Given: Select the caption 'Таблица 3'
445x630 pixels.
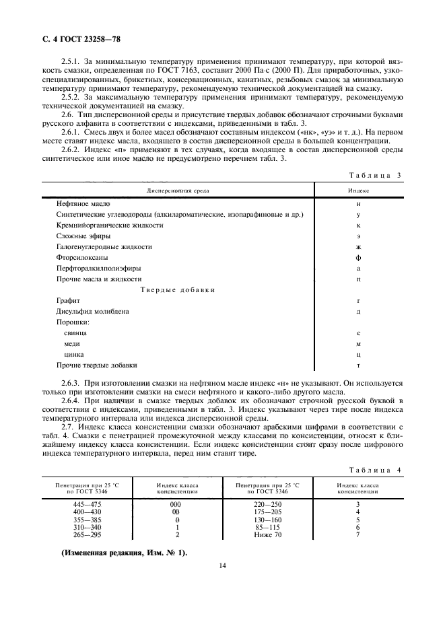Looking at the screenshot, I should [x=376, y=176].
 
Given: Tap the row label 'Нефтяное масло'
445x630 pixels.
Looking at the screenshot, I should [x=83, y=203].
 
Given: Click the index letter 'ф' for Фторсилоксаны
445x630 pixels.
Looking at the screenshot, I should [x=358, y=257].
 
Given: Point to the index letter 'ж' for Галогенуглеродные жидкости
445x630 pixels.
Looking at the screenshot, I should [x=358, y=246].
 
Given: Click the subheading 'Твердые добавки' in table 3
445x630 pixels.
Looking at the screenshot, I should [x=178, y=289].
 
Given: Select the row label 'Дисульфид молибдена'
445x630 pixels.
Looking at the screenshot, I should [x=92, y=311].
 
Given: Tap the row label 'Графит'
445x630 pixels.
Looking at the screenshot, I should [x=68, y=300].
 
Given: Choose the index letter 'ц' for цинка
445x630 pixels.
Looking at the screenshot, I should [x=358, y=354].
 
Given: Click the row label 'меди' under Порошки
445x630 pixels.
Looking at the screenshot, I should [x=72, y=343].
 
